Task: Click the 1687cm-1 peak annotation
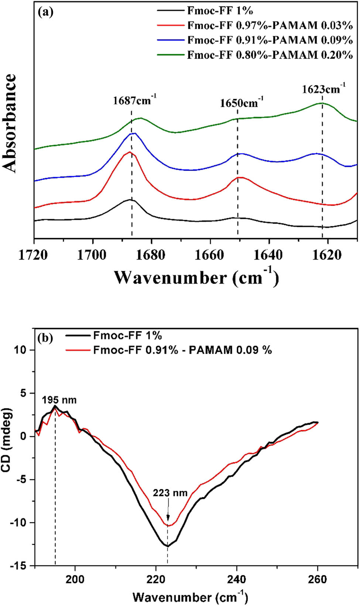click(x=134, y=100)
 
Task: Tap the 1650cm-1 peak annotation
click(x=241, y=102)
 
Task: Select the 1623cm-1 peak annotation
click(x=323, y=89)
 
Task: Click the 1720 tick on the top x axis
click(x=33, y=255)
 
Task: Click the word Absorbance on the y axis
click(x=10, y=123)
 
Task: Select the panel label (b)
click(x=45, y=337)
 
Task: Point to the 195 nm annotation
click(x=59, y=400)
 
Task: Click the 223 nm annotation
click(x=170, y=493)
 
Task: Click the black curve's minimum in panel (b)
click(x=167, y=546)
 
